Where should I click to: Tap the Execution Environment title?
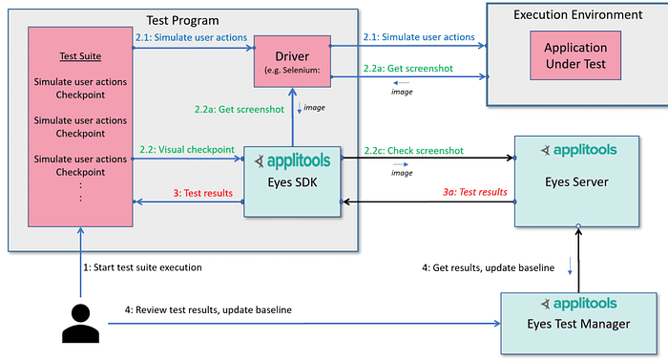[577, 14]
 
